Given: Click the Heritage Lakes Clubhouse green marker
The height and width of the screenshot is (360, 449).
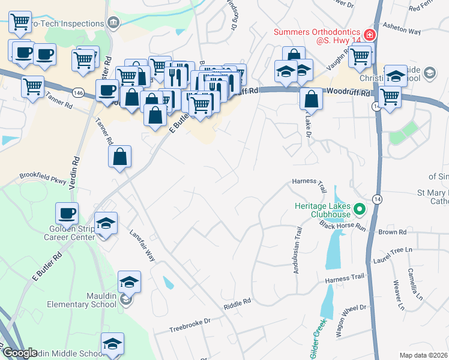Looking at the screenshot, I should (x=360, y=209).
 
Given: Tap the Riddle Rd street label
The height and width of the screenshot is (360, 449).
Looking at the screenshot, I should (x=237, y=304).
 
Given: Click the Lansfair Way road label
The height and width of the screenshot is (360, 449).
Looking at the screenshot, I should (x=143, y=246).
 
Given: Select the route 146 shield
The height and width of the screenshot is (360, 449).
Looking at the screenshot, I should (x=79, y=93).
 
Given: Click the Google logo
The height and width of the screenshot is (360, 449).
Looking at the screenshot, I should (x=19, y=353).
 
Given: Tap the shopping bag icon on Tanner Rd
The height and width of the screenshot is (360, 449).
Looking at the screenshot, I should (x=120, y=157).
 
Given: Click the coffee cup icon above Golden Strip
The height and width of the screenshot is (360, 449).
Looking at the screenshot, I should (x=67, y=213).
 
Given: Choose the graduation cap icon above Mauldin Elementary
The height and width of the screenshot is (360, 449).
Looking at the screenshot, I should (x=129, y=282).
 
